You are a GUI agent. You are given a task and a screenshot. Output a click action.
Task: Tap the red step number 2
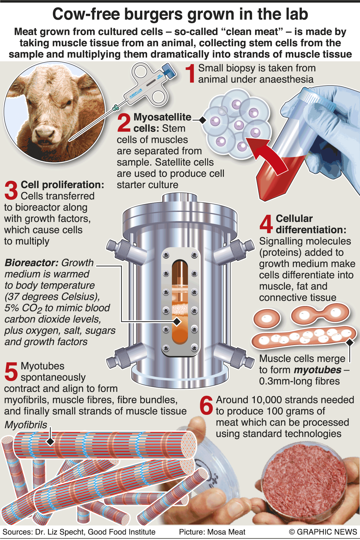click(124, 122)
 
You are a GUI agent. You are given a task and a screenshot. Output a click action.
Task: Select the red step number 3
click(11, 190)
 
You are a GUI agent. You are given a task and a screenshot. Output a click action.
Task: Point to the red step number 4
click(266, 224)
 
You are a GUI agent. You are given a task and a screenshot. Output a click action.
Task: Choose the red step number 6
click(207, 405)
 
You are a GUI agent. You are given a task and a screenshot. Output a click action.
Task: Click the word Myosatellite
click(163, 117)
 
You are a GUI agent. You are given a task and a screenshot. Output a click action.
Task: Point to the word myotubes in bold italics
click(318, 370)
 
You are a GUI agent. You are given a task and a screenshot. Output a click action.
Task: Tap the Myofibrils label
click(26, 425)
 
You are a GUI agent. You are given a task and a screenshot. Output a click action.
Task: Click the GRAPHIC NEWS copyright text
click(323, 532)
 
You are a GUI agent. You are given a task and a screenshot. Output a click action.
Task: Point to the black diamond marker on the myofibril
click(50, 442)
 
